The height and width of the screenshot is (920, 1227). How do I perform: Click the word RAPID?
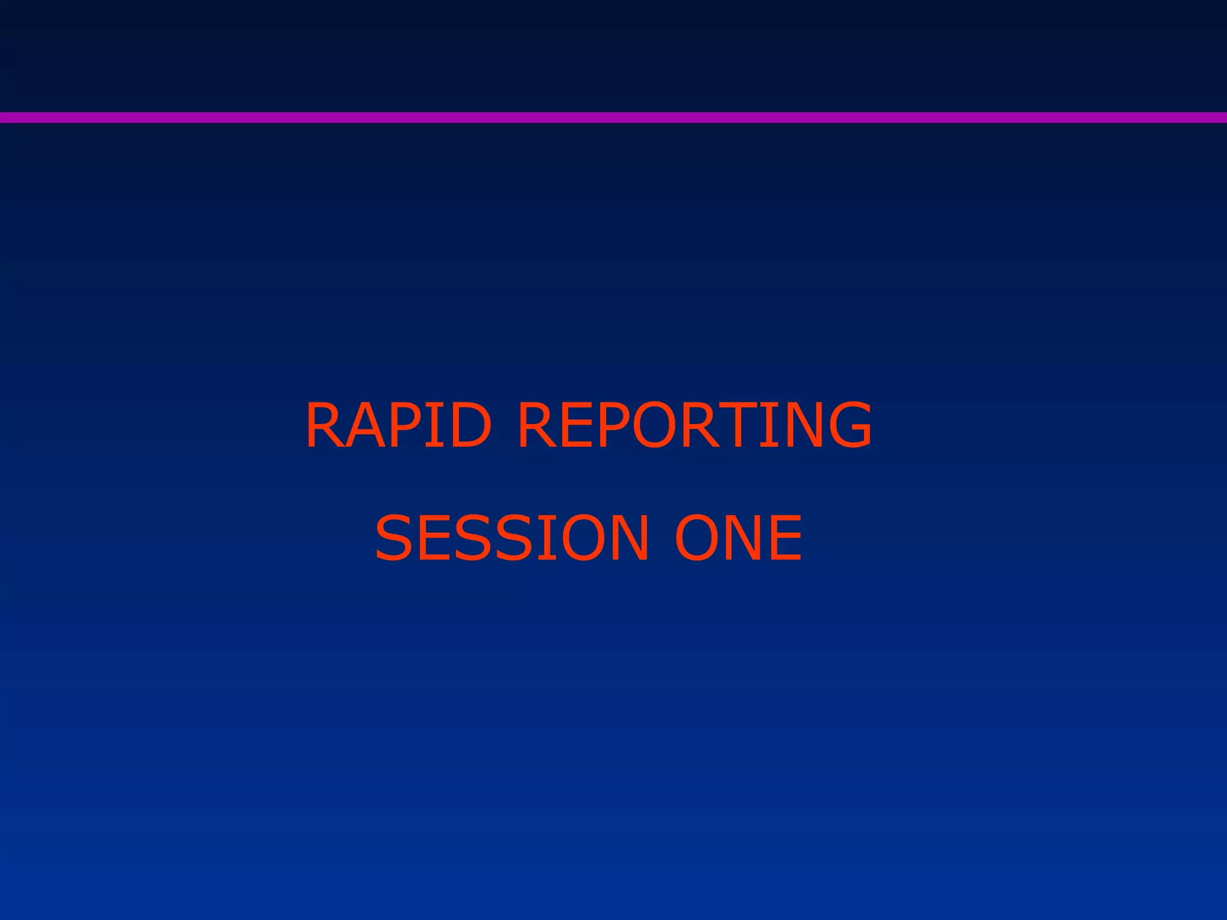coord(398,425)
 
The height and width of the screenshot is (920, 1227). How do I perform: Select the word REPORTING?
coord(694,425)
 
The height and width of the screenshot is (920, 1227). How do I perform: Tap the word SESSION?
coord(512,537)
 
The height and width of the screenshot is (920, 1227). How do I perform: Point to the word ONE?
coord(739,537)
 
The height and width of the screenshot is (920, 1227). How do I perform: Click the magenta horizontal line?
coord(613,117)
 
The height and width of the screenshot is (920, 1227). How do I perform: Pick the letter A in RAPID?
coord(364,425)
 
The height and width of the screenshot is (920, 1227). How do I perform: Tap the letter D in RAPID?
coord(469,425)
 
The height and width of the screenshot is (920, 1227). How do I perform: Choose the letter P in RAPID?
coord(404,425)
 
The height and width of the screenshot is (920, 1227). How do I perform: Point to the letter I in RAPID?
coord(434,425)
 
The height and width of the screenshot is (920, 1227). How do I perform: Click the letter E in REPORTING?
coord(575,425)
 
